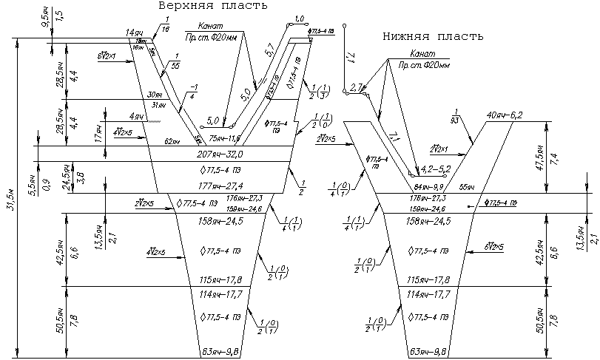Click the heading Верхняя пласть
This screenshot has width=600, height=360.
click(x=212, y=6)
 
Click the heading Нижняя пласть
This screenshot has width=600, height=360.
click(x=433, y=36)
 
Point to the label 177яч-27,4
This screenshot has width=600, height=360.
click(x=220, y=186)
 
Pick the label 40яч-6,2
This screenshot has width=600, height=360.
click(x=505, y=115)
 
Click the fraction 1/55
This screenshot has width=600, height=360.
click(x=176, y=62)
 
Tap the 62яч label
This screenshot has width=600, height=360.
click(x=172, y=141)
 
